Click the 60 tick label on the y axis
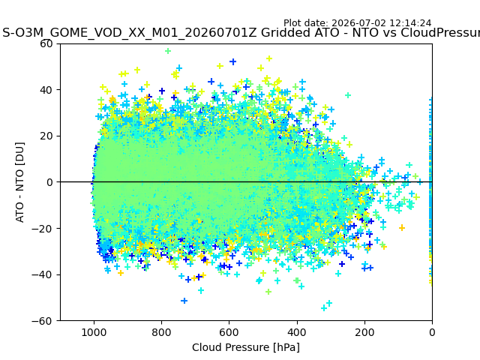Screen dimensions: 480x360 (x=46, y=43)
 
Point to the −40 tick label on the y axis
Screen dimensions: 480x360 (x=42, y=274)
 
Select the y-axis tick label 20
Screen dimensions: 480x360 (x=46, y=136)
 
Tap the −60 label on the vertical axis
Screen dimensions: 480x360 (x=42, y=321)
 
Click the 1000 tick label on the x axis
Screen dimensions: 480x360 (x=94, y=332)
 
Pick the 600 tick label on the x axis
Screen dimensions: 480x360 (x=229, y=332)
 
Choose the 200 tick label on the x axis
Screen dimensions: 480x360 (x=364, y=332)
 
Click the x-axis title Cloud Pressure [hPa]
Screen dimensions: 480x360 (x=246, y=347)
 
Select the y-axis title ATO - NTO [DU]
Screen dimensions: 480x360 (x=19, y=182)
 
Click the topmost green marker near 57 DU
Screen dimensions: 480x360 (x=168, y=51)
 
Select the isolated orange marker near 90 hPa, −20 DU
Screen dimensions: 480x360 (x=402, y=227)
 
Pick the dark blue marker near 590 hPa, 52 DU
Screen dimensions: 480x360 (x=233, y=61)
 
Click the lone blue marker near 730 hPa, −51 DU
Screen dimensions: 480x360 (x=184, y=301)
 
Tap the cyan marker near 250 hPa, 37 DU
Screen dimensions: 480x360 (x=348, y=95)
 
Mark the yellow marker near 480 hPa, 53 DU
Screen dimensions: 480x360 (x=269, y=58)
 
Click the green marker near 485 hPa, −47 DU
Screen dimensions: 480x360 (x=268, y=292)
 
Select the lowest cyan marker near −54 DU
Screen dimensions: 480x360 (x=323, y=307)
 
